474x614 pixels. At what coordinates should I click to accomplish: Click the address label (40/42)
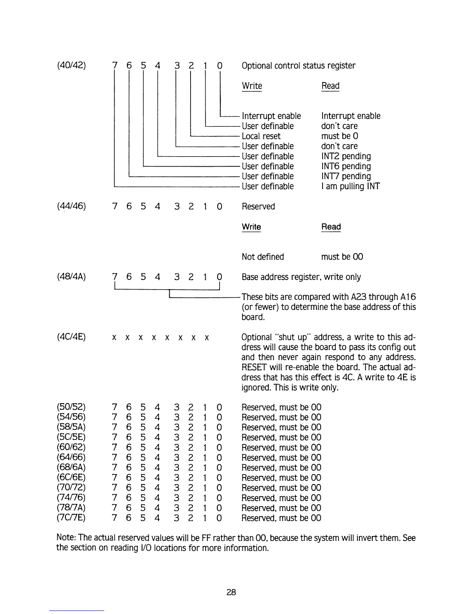coord(71,66)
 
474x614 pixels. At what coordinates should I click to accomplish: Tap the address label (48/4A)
coord(71,277)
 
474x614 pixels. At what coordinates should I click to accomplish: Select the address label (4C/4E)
coord(71,337)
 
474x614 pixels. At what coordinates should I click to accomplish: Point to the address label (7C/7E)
coord(71,518)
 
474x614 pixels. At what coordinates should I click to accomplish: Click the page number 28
coord(231,592)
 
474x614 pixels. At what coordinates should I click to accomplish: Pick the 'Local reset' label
coord(261,136)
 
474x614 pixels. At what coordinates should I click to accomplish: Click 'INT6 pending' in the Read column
coord(346,166)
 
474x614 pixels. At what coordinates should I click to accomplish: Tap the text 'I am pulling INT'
coord(350,186)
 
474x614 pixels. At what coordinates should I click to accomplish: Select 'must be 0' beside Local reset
coord(340,136)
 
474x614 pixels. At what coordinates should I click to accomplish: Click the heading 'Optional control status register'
coord(298,66)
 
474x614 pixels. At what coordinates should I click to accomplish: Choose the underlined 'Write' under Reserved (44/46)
coord(251,227)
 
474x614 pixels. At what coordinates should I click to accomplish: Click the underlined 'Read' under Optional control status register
coord(330,86)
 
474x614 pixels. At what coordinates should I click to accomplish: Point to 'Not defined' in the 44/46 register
coord(263,257)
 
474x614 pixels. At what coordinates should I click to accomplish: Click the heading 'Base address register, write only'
coord(301,277)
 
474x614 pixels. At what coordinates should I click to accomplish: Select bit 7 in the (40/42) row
coord(114,66)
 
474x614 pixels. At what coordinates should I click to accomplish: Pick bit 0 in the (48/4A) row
coord(219,277)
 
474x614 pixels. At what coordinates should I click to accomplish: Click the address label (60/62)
coord(71,447)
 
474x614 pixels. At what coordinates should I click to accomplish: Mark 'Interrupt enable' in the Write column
coord(271,116)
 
